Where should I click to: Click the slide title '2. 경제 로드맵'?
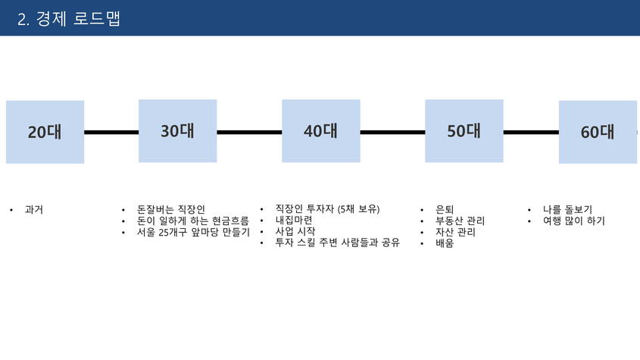pos(69,19)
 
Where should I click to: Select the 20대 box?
pos(45,132)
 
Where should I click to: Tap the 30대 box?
pos(177,131)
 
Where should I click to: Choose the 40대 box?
pos(321,131)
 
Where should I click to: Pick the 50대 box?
pos(464,131)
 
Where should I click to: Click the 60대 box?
pos(598,132)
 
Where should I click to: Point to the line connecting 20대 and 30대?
pos(111,132)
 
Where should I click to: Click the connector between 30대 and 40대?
pos(249,132)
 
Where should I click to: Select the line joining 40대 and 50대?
pos(392,132)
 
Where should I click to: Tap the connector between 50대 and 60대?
pos(531,132)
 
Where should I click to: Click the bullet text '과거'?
pos(34,210)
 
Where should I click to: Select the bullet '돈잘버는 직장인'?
pos(171,210)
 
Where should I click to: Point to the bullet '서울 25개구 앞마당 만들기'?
pos(193,232)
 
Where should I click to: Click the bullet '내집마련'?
pos(294,221)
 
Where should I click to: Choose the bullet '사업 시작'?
pos(295,231)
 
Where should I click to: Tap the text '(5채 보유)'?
pos(359,209)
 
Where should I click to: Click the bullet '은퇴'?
pos(445,210)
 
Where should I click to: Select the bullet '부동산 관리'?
pos(460,221)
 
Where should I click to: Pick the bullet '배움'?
pos(445,243)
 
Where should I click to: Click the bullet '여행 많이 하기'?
pos(574,221)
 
